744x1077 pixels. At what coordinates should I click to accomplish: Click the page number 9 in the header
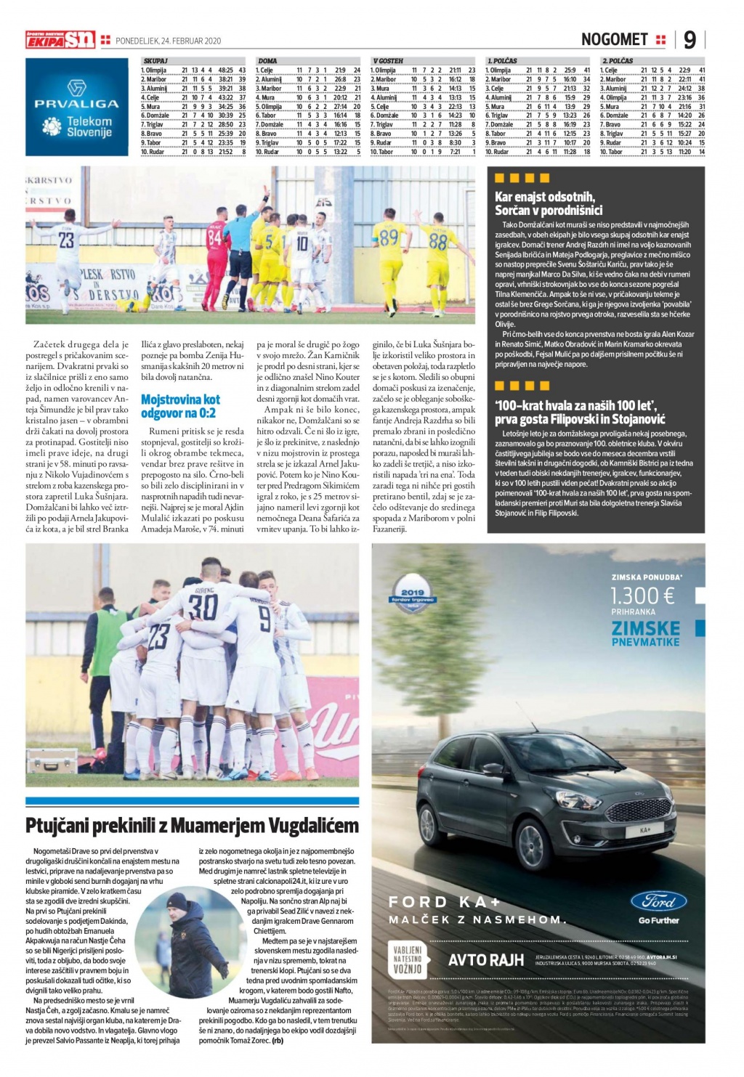click(689, 40)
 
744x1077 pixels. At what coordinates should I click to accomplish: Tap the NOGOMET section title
click(614, 40)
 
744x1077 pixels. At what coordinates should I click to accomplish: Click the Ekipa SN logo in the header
click(60, 40)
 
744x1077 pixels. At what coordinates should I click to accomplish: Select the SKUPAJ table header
click(155, 61)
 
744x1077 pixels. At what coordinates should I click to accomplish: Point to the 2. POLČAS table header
click(617, 61)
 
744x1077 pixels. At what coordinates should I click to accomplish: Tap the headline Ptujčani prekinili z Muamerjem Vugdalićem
click(192, 826)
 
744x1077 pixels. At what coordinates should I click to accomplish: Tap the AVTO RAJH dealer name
click(485, 960)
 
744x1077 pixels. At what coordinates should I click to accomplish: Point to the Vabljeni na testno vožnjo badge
click(408, 959)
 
